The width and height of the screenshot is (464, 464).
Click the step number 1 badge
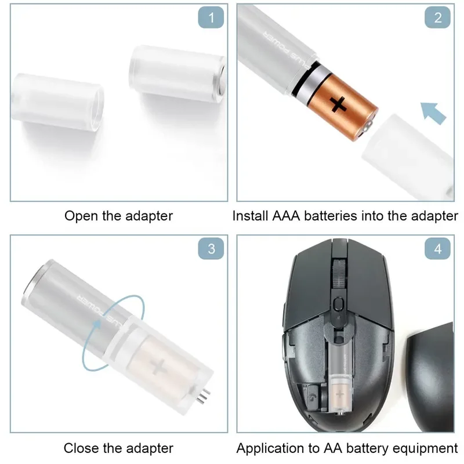[211, 18]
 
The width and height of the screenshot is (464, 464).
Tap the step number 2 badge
[437, 18]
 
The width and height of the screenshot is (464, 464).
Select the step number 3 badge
[211, 249]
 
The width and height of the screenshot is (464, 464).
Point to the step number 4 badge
[437, 249]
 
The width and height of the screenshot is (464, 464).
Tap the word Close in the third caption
[80, 448]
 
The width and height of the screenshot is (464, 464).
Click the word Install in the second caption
[249, 216]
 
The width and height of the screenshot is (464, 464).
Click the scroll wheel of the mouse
[338, 273]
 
